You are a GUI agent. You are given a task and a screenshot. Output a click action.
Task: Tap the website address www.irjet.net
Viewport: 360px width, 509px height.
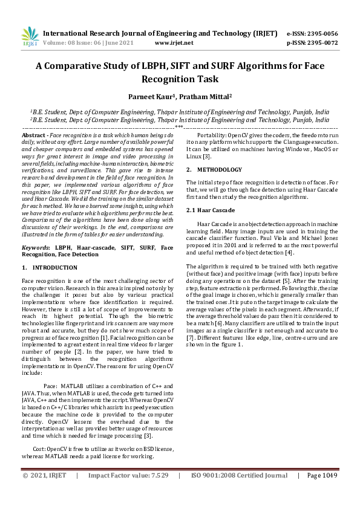coord(174,43)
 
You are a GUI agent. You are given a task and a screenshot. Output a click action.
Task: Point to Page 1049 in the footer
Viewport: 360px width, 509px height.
coord(321,493)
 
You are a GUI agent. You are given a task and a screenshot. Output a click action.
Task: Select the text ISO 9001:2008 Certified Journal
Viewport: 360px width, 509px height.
coord(239,493)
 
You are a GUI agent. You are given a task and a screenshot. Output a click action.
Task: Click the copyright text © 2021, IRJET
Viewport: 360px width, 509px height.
coord(44,493)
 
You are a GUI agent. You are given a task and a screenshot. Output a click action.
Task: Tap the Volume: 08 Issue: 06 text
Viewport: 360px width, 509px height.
coord(78,43)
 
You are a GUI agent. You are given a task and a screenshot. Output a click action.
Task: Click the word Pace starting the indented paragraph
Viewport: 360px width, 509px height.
coord(50,386)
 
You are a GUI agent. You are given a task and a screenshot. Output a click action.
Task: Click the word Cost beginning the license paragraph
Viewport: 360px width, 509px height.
coord(39,449)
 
